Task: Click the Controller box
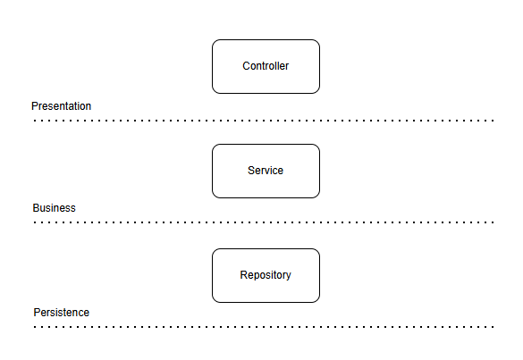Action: click(x=266, y=66)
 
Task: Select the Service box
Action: click(x=266, y=171)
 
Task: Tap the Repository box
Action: click(x=266, y=276)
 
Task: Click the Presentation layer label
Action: click(x=62, y=106)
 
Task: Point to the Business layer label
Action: click(x=54, y=208)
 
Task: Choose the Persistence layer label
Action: click(x=62, y=313)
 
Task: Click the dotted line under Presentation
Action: click(x=264, y=121)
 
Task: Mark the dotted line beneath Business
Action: click(x=264, y=222)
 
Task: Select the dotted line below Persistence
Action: click(x=264, y=327)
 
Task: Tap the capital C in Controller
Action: click(x=246, y=66)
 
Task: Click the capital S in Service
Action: click(x=251, y=171)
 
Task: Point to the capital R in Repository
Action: click(x=243, y=275)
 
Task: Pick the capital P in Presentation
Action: click(x=35, y=106)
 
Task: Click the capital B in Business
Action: click(x=36, y=208)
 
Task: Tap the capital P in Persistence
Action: click(x=37, y=313)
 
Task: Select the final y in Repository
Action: click(x=289, y=276)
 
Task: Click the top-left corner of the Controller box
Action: click(x=213, y=40)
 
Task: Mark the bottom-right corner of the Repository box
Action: click(x=319, y=302)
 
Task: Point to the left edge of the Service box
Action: click(x=212, y=171)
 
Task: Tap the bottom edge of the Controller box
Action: click(x=266, y=93)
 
